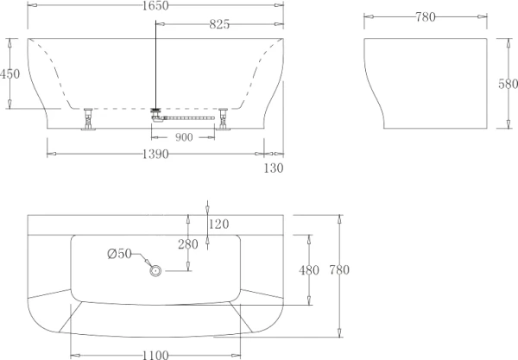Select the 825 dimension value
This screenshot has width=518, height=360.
(218, 25)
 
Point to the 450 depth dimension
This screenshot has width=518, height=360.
(9, 74)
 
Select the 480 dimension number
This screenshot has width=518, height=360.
(309, 269)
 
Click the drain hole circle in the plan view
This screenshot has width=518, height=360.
(156, 270)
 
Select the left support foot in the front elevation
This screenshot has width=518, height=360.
(87, 120)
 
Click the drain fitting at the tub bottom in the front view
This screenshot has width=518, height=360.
(156, 111)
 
